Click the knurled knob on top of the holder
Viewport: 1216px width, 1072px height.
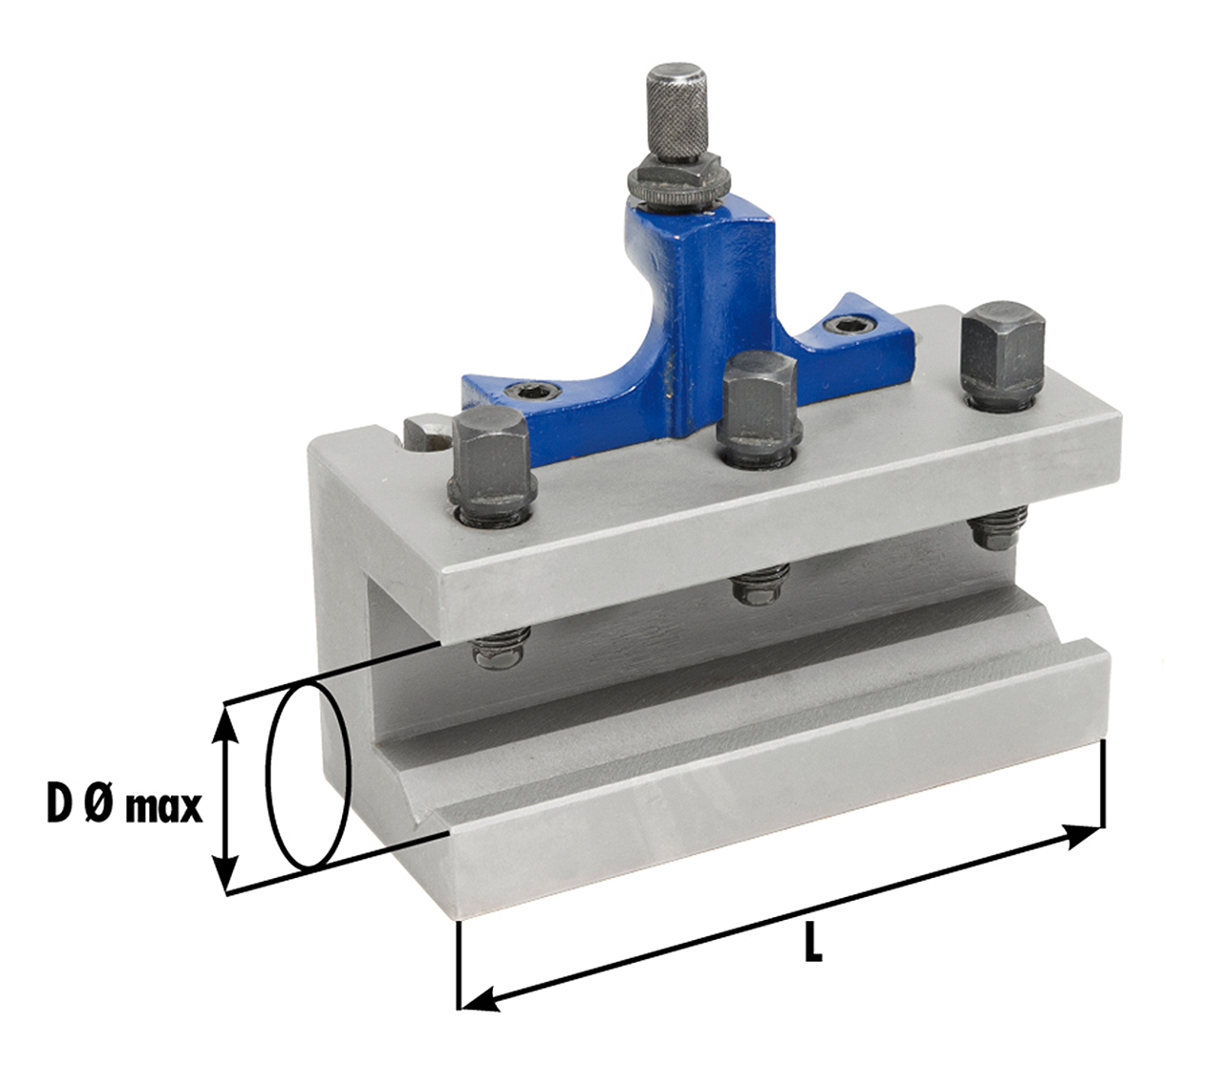[x=675, y=113]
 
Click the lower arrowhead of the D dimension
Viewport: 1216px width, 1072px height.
[x=225, y=874]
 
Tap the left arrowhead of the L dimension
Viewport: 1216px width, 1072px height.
[x=480, y=998]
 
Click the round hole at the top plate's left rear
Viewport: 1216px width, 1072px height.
[x=427, y=431]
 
